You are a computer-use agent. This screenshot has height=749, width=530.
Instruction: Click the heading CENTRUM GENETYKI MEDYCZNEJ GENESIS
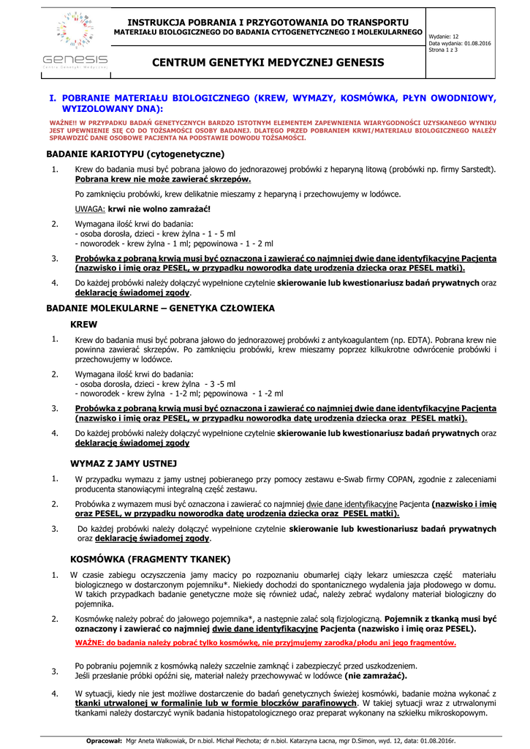(268, 63)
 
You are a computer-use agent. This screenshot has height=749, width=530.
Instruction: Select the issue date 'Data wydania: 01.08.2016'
(460, 43)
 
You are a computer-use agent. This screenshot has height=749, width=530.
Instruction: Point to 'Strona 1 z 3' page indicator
(443, 50)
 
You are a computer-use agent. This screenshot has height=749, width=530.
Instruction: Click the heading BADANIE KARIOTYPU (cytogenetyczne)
(135, 154)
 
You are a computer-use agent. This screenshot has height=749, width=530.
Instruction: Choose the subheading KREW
(83, 324)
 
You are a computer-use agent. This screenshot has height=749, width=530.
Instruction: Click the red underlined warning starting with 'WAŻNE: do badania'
(265, 643)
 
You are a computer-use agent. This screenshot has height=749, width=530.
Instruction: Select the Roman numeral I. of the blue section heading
(53, 97)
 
